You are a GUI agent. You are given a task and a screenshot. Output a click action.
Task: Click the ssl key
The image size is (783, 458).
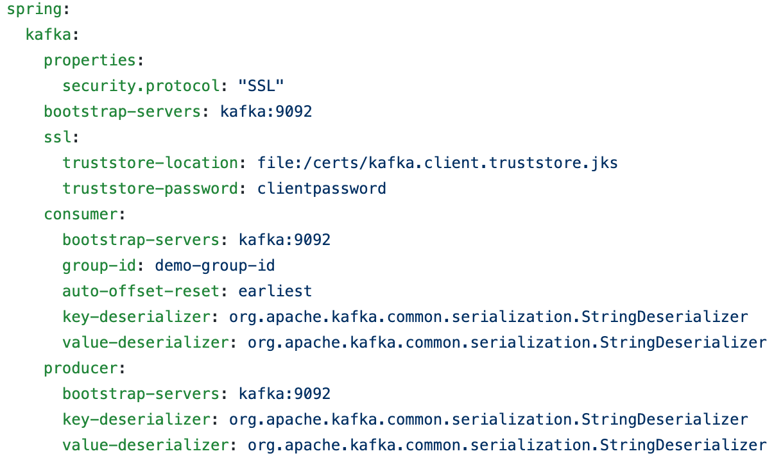point(57,137)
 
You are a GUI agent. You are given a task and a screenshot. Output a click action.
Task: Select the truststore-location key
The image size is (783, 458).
point(150,163)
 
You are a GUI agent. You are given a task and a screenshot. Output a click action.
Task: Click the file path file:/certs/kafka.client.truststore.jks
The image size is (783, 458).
point(438,163)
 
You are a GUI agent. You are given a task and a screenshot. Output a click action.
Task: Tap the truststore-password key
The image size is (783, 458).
point(150,189)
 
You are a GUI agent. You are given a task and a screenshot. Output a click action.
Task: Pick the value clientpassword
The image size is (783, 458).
point(322,189)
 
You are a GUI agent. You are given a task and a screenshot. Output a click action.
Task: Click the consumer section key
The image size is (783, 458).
point(81,214)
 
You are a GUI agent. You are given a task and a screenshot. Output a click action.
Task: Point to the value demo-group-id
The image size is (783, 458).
point(215,266)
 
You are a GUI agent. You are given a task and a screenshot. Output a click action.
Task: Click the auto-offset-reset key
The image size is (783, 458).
point(141,291)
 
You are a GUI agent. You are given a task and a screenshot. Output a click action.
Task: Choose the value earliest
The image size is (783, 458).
point(275,291)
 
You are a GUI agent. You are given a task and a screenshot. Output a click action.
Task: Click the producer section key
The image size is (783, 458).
point(81,368)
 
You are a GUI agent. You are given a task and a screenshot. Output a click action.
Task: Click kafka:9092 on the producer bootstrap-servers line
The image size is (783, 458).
point(285,394)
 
